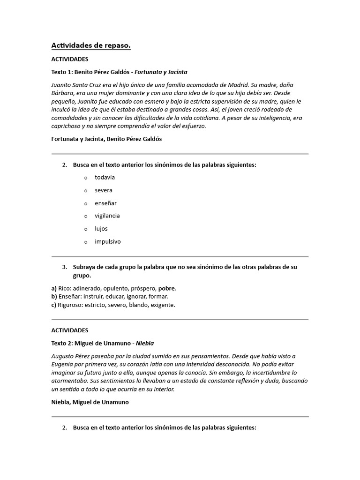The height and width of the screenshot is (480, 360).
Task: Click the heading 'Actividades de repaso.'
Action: (91, 45)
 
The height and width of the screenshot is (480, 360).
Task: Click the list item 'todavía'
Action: (105, 178)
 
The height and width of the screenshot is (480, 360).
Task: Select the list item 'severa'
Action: (104, 190)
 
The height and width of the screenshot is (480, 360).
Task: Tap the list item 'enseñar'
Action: (105, 203)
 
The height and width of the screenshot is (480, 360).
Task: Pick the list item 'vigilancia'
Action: (107, 216)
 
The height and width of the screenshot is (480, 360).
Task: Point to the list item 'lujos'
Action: (101, 229)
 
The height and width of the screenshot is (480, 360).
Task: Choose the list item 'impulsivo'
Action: (107, 241)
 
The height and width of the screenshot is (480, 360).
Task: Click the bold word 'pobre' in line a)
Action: (166, 288)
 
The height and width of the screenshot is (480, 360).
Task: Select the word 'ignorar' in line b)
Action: (137, 296)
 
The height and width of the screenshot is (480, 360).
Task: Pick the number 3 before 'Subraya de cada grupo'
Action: (65, 267)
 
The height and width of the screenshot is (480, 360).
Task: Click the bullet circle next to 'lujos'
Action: (86, 229)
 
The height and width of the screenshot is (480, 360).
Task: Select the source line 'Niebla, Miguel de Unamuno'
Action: (90, 402)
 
